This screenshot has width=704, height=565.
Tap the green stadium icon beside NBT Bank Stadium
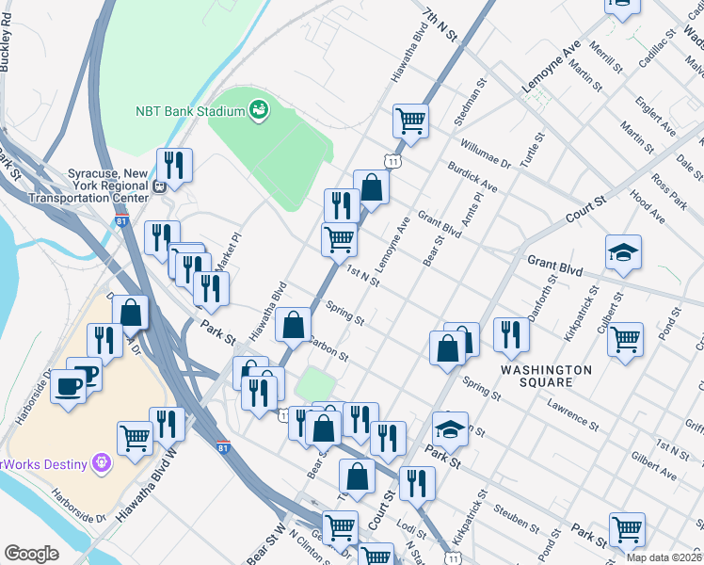click(x=257, y=111)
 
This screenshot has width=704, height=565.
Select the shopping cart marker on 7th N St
click(x=410, y=121)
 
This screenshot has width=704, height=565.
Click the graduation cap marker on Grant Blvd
click(x=623, y=252)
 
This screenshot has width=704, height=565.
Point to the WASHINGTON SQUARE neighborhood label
click(x=546, y=377)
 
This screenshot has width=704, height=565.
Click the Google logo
click(x=31, y=553)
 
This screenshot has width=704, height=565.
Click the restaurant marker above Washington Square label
click(x=511, y=335)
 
